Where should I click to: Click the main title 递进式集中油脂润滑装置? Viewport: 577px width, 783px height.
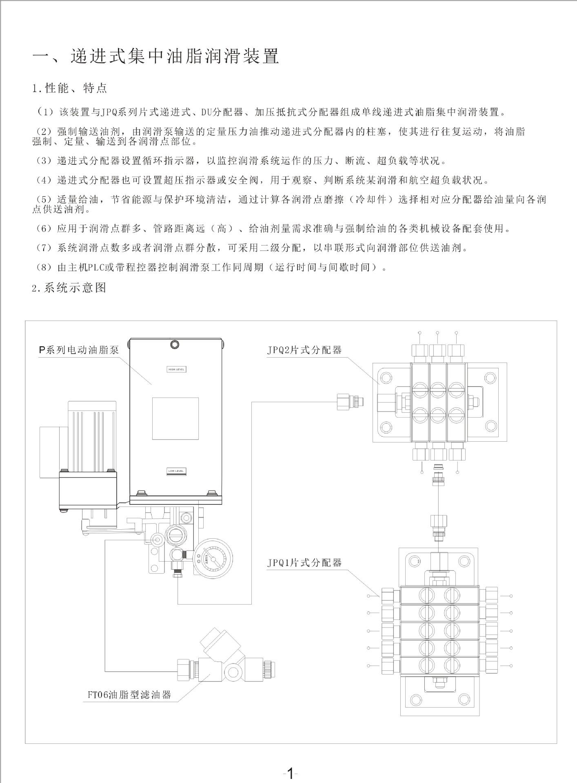(x=175, y=56)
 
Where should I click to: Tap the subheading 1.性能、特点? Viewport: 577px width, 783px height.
(x=70, y=88)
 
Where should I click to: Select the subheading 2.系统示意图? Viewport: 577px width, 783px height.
(x=69, y=288)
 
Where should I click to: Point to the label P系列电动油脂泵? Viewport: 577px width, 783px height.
(x=79, y=350)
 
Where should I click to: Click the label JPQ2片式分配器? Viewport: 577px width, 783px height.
(x=304, y=350)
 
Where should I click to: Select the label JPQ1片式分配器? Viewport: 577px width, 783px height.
(x=304, y=563)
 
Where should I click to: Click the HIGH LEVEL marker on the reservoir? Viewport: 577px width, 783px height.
(x=177, y=369)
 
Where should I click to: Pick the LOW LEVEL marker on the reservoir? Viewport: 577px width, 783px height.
(x=176, y=471)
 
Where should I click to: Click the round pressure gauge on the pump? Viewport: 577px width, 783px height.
(x=211, y=557)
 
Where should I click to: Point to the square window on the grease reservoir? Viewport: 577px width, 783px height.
(x=175, y=418)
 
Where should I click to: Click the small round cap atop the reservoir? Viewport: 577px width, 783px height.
(x=175, y=345)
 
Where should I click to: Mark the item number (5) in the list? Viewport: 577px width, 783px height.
(x=42, y=199)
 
